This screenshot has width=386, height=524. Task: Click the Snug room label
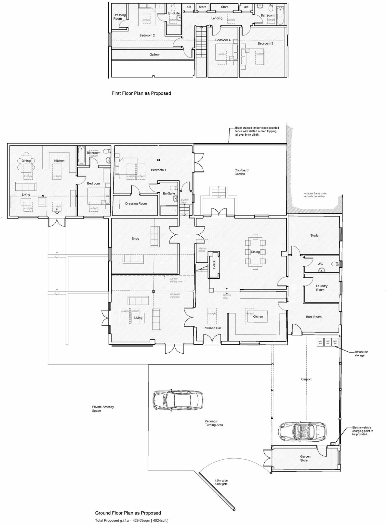pos(135,238)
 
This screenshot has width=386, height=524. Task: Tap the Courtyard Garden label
pos(241,172)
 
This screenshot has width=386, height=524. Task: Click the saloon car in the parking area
pos(178,401)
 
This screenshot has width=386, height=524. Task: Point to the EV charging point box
pos(333,444)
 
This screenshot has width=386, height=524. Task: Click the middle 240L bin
pos(328,342)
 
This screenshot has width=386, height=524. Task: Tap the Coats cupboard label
pos(214,265)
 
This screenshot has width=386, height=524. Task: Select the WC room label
pos(320,264)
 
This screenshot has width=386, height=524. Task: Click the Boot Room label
pos(314,317)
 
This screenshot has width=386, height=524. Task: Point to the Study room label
pos(314,235)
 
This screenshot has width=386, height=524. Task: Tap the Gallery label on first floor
pos(154,54)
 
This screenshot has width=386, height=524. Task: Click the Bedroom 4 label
pos(223,40)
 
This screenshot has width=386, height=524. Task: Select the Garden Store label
pos(305,458)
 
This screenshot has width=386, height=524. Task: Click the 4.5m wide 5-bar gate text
pos(221,482)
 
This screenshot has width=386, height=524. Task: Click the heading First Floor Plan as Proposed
pos(141,93)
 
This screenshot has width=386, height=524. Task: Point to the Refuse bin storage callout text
pos(361,354)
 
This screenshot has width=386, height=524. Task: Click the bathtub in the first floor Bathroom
pos(280,16)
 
